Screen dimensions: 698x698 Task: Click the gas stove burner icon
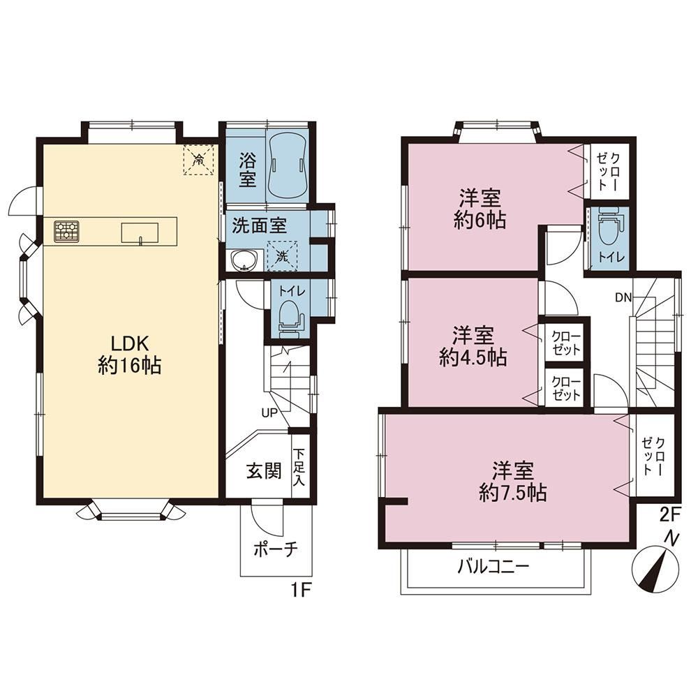pyautogui.click(x=66, y=232)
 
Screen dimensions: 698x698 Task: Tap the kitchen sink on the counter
pyautogui.click(x=140, y=233)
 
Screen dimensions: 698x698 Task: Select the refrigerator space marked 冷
pyautogui.click(x=198, y=159)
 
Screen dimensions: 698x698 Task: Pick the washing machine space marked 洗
pyautogui.click(x=282, y=256)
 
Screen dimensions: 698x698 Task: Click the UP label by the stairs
pyautogui.click(x=269, y=413)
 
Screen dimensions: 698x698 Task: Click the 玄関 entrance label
pyautogui.click(x=264, y=470)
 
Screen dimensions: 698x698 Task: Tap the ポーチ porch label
pyautogui.click(x=276, y=550)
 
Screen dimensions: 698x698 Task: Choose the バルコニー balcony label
pyautogui.click(x=493, y=567)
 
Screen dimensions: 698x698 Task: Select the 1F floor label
pyautogui.click(x=300, y=590)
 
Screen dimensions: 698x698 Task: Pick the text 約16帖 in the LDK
pyautogui.click(x=130, y=366)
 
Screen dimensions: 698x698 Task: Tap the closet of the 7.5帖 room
pyautogui.click(x=654, y=456)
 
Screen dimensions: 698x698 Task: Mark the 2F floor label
pyautogui.click(x=670, y=514)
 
